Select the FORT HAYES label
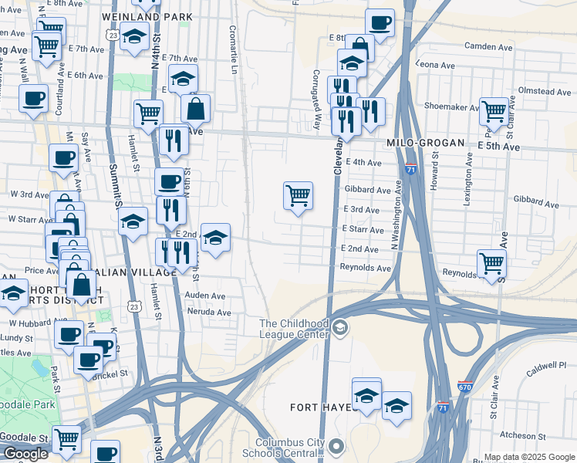coord(315,407)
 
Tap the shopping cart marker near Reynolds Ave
coord(491,263)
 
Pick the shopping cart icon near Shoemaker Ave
coord(494,111)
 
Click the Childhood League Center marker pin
coord(339,329)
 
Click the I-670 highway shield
coord(464,386)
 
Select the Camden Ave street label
coord(488,47)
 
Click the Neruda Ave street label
coord(209,313)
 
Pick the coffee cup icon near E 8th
coord(378,23)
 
